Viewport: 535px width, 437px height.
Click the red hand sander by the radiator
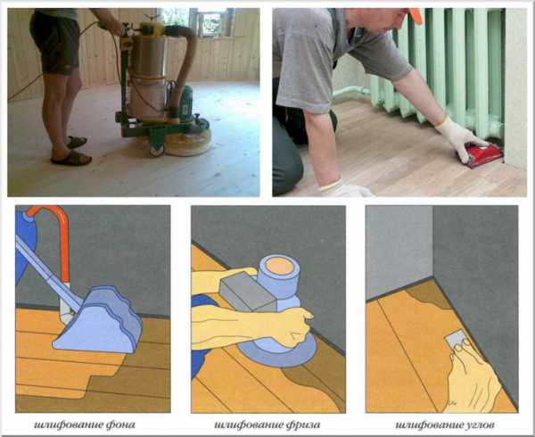pos(481,155)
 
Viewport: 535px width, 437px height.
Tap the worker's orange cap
pos(416,16)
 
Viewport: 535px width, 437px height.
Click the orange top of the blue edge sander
pos(279,266)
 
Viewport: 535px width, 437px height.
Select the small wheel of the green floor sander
pos(157,150)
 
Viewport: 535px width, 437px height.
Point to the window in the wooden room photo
pos(210,21)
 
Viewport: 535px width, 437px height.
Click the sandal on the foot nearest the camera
pos(71,158)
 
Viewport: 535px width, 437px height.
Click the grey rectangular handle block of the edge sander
pos(247,293)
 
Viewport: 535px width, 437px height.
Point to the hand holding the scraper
pos(473,375)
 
